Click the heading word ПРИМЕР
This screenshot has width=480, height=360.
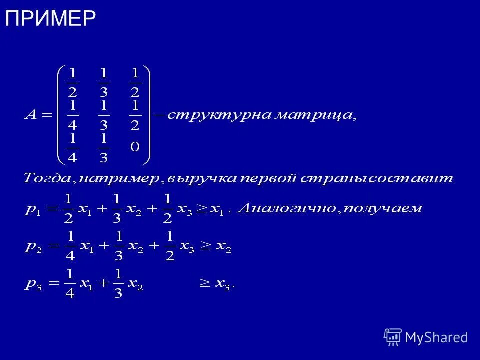[50, 18]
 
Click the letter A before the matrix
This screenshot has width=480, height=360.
[31, 115]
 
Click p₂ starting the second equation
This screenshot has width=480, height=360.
[33, 247]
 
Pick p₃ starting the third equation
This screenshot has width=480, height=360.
[33, 285]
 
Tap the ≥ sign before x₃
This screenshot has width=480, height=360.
[205, 284]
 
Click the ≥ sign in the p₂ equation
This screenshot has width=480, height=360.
[205, 247]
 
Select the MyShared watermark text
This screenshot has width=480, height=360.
[436, 337]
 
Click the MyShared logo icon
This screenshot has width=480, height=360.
[393, 337]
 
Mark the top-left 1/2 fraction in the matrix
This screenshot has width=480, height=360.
[73, 83]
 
